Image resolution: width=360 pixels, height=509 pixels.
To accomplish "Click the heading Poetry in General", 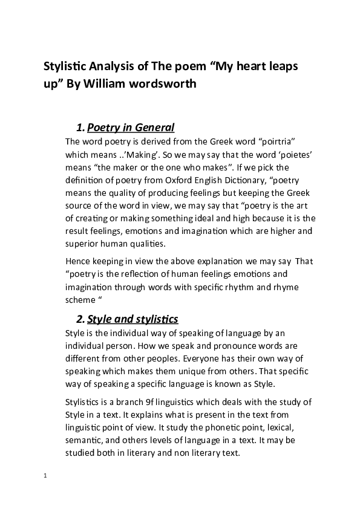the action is point(131,128).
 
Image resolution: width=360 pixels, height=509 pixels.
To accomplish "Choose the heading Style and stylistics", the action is point(133,319).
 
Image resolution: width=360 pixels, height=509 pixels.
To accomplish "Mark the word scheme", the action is point(79,299).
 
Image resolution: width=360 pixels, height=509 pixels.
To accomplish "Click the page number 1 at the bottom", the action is point(45,476).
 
